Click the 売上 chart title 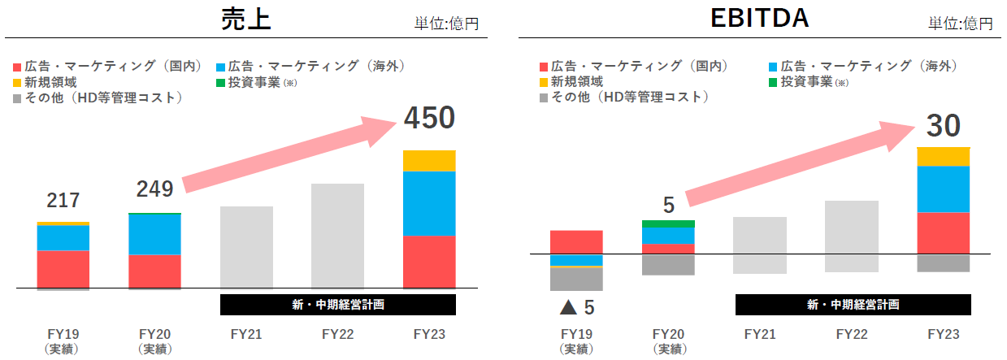click(x=245, y=19)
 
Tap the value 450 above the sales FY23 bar click(x=429, y=119)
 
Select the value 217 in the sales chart click(x=63, y=201)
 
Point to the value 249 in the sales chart click(x=154, y=189)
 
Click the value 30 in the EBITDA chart click(x=943, y=126)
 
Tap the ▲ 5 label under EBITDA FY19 click(x=576, y=308)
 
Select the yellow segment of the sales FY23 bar click(x=429, y=161)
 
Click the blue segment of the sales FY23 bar click(x=429, y=203)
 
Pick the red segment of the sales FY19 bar click(x=63, y=269)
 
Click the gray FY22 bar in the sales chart click(x=337, y=236)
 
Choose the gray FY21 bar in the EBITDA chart click(x=759, y=245)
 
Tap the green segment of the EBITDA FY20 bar click(x=668, y=223)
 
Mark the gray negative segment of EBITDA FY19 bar click(x=576, y=279)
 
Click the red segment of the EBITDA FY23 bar click(x=943, y=233)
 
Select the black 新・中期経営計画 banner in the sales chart click(x=337, y=305)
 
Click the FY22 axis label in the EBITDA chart click(x=851, y=334)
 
